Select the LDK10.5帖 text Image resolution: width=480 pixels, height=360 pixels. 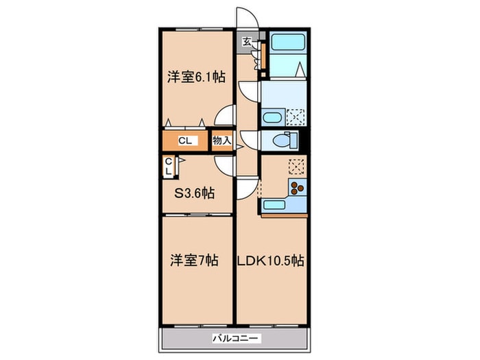270,261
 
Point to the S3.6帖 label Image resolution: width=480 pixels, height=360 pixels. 194,193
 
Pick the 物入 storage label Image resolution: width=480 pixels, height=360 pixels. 222,141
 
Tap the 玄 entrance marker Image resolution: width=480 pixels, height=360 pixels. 246,41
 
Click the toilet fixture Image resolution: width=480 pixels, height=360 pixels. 283,141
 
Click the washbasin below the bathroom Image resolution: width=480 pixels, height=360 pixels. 273,117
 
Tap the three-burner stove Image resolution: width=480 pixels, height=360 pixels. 297,187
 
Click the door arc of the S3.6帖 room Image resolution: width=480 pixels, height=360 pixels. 225,165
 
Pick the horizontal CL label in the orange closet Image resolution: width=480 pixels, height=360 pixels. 184,141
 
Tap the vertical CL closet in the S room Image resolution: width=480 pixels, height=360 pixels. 168,167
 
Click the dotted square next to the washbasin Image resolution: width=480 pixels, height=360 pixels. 296,117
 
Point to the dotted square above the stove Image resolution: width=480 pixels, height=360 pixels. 296,166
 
